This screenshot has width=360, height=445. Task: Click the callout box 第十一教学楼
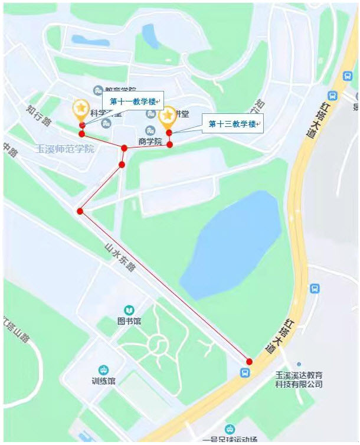pos(133,101)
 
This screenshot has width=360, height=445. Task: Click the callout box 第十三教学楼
pos(232,124)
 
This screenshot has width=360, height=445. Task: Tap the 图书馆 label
pos(129,322)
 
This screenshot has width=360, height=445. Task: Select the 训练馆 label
pos(103,381)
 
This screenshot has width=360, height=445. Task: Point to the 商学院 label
pos(150,142)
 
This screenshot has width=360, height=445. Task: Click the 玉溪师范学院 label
pos(66,149)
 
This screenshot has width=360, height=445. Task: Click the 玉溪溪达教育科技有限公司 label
pos(299,379)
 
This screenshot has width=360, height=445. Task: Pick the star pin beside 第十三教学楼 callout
pos(169,116)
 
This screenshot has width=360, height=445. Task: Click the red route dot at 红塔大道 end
pos(249,361)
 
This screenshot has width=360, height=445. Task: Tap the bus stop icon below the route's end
pos(244,372)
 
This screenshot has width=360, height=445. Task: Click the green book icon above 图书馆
pos(129,310)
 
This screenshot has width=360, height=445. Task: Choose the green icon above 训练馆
pos(103,369)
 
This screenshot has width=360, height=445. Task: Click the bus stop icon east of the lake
pos(315,289)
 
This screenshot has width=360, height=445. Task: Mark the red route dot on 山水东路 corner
pos(80,211)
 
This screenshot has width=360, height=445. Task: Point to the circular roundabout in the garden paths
pos(158,342)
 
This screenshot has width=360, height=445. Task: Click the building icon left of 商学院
pos(150,130)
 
